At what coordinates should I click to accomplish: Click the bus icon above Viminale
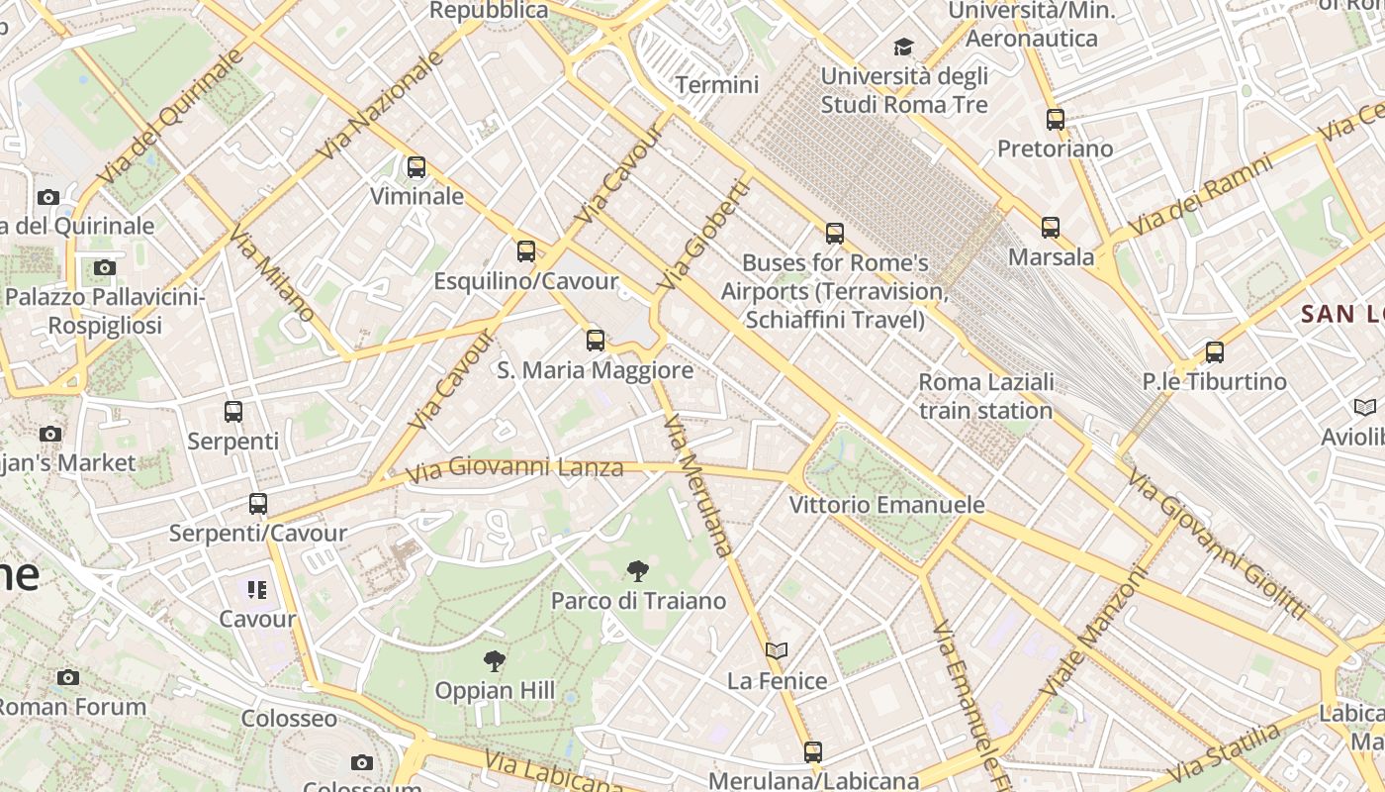416,167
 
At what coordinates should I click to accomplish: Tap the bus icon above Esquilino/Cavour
526,251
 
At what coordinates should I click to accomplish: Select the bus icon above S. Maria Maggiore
596,341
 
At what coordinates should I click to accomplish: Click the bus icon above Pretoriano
1056,120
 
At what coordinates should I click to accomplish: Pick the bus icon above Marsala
1051,228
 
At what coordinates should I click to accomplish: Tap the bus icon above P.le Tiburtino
1215,352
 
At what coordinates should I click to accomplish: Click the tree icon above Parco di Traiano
638,570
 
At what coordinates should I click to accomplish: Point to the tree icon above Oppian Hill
494,660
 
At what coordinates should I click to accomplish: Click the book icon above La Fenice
777,650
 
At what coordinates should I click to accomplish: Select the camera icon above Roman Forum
68,677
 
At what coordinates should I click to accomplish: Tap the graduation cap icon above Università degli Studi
903,47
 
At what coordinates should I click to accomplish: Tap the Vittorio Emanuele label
886,505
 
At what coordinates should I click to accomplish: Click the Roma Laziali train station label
985,396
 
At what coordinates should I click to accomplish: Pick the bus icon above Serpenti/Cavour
258,504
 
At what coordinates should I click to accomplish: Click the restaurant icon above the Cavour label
257,590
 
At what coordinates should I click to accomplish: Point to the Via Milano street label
271,276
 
